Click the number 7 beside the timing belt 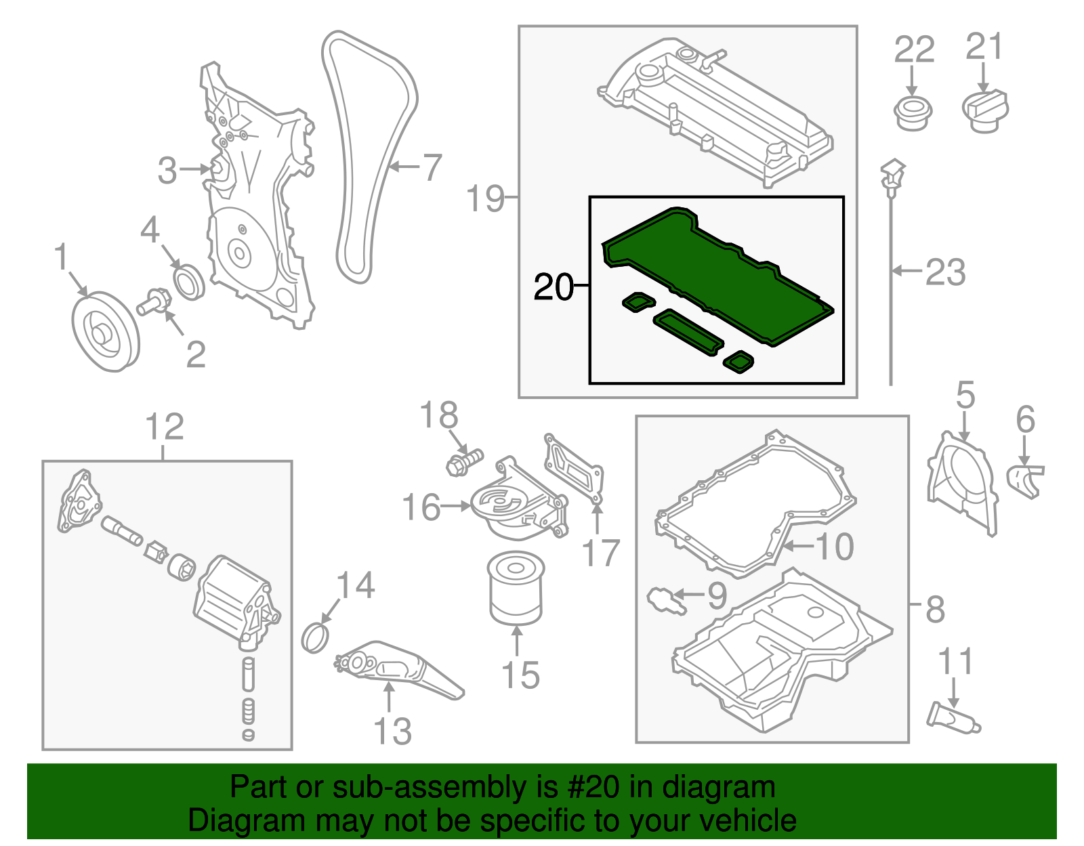tap(432, 167)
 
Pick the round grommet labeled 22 tap(913, 113)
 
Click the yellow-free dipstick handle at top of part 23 tap(893, 173)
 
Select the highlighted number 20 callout tap(554, 287)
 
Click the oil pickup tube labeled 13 tap(400, 671)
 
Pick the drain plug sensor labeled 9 tap(666, 600)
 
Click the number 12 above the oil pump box tap(165, 427)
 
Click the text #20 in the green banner tap(589, 788)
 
